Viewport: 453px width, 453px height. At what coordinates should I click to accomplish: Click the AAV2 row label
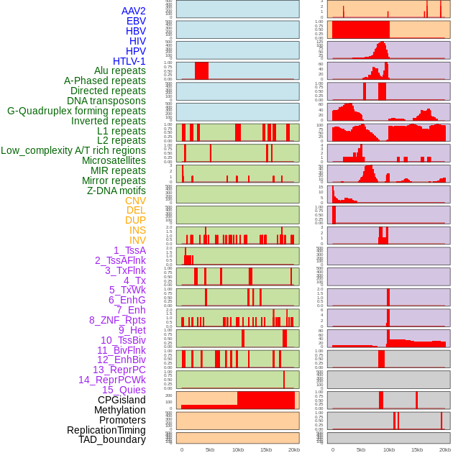134,11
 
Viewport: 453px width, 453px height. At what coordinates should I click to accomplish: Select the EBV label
136,21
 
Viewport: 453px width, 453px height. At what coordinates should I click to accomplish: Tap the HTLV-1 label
129,61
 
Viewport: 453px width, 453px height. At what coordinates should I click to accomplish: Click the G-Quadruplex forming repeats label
76,111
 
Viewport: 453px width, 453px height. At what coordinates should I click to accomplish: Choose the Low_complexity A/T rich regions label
73,150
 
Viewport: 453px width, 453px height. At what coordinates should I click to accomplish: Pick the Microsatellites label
114,160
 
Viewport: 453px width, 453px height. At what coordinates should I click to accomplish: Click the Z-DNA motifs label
116,191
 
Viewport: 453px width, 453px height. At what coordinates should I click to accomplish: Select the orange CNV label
135,201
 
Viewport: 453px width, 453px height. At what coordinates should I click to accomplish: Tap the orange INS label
137,230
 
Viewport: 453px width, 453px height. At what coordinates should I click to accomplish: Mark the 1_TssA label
129,250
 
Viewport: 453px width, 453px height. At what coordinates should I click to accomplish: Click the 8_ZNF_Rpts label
117,320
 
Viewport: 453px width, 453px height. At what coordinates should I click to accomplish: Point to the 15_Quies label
124,390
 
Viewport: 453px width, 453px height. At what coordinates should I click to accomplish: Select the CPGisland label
122,400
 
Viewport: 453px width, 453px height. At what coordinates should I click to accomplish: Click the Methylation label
119,410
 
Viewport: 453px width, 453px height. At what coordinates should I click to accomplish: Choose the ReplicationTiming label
106,430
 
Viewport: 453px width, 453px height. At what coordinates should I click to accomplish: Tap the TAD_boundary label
112,439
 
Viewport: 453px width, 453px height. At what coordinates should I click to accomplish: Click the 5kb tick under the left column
210,449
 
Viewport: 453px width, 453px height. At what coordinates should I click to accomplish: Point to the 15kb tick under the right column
417,449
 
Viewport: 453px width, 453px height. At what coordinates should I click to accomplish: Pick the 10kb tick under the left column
237,449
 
